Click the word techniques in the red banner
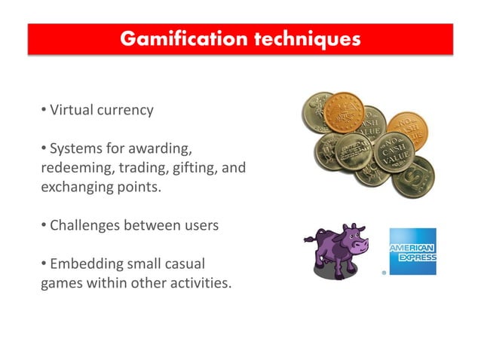pyautogui.click(x=302, y=38)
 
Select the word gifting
pyautogui.click(x=191, y=167)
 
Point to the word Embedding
pyautogui.click(x=85, y=264)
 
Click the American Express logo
pyautogui.click(x=412, y=252)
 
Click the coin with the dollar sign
pyautogui.click(x=414, y=177)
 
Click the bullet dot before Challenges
pyautogui.click(x=44, y=225)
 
